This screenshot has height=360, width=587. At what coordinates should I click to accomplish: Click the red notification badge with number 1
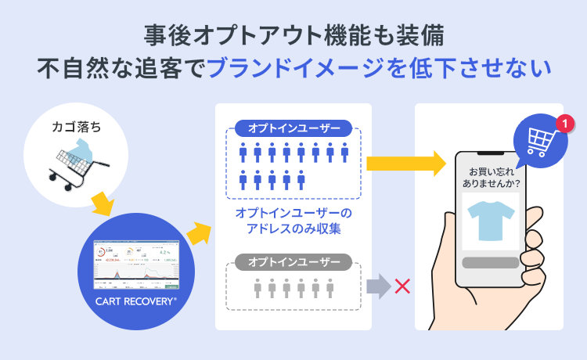pos(564,123)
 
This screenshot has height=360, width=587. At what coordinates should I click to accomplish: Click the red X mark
pos(402,286)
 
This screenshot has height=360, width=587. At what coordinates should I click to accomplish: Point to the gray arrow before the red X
pos(378,286)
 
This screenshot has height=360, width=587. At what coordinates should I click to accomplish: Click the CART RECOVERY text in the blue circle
pos(135,301)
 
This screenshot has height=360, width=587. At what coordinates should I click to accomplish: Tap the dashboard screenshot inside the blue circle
pos(135,265)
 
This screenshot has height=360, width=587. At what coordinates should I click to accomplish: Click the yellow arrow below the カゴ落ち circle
pos(103,206)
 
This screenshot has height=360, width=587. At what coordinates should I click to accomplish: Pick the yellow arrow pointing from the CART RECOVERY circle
pos(199,232)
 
